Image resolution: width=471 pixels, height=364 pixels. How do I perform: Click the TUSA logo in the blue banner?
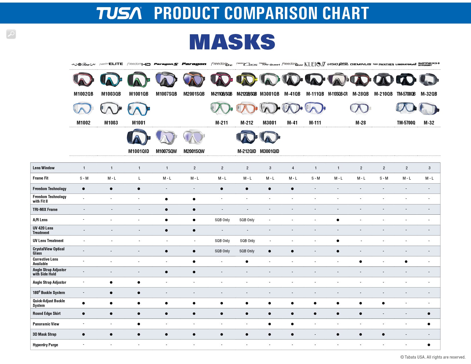coord(119,13)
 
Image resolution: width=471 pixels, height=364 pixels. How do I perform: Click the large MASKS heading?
coord(232,42)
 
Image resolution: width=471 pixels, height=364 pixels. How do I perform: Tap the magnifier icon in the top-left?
coord(11,34)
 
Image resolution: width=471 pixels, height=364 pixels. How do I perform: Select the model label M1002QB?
coord(83,94)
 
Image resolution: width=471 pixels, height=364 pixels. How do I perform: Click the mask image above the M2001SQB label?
coord(194,80)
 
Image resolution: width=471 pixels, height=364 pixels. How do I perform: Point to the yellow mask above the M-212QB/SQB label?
coord(247,80)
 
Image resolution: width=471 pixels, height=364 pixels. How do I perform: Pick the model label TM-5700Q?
coord(406,123)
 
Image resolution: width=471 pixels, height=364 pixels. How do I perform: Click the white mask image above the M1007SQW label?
coord(166,137)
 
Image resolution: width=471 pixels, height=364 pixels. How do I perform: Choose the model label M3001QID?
coord(269,151)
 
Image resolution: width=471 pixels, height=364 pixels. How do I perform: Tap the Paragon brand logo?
coord(194,64)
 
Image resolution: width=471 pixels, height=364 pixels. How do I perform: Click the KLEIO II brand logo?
coord(315,64)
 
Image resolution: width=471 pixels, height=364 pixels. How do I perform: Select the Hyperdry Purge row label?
coord(45,345)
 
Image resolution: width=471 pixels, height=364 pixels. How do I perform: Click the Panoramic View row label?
coord(46,324)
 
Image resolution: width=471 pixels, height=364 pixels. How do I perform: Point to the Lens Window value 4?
coord(293,168)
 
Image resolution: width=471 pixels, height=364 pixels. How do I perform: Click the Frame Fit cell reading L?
coord(139,178)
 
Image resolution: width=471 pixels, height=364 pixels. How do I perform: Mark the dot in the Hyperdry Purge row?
coord(429,345)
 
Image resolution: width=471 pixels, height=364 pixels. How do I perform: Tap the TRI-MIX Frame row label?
coord(45,210)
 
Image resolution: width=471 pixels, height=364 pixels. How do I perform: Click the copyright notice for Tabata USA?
coord(433,357)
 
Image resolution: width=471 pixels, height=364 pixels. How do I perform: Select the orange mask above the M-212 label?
coord(247,108)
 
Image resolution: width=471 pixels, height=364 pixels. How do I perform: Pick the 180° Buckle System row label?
coord(49,293)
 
